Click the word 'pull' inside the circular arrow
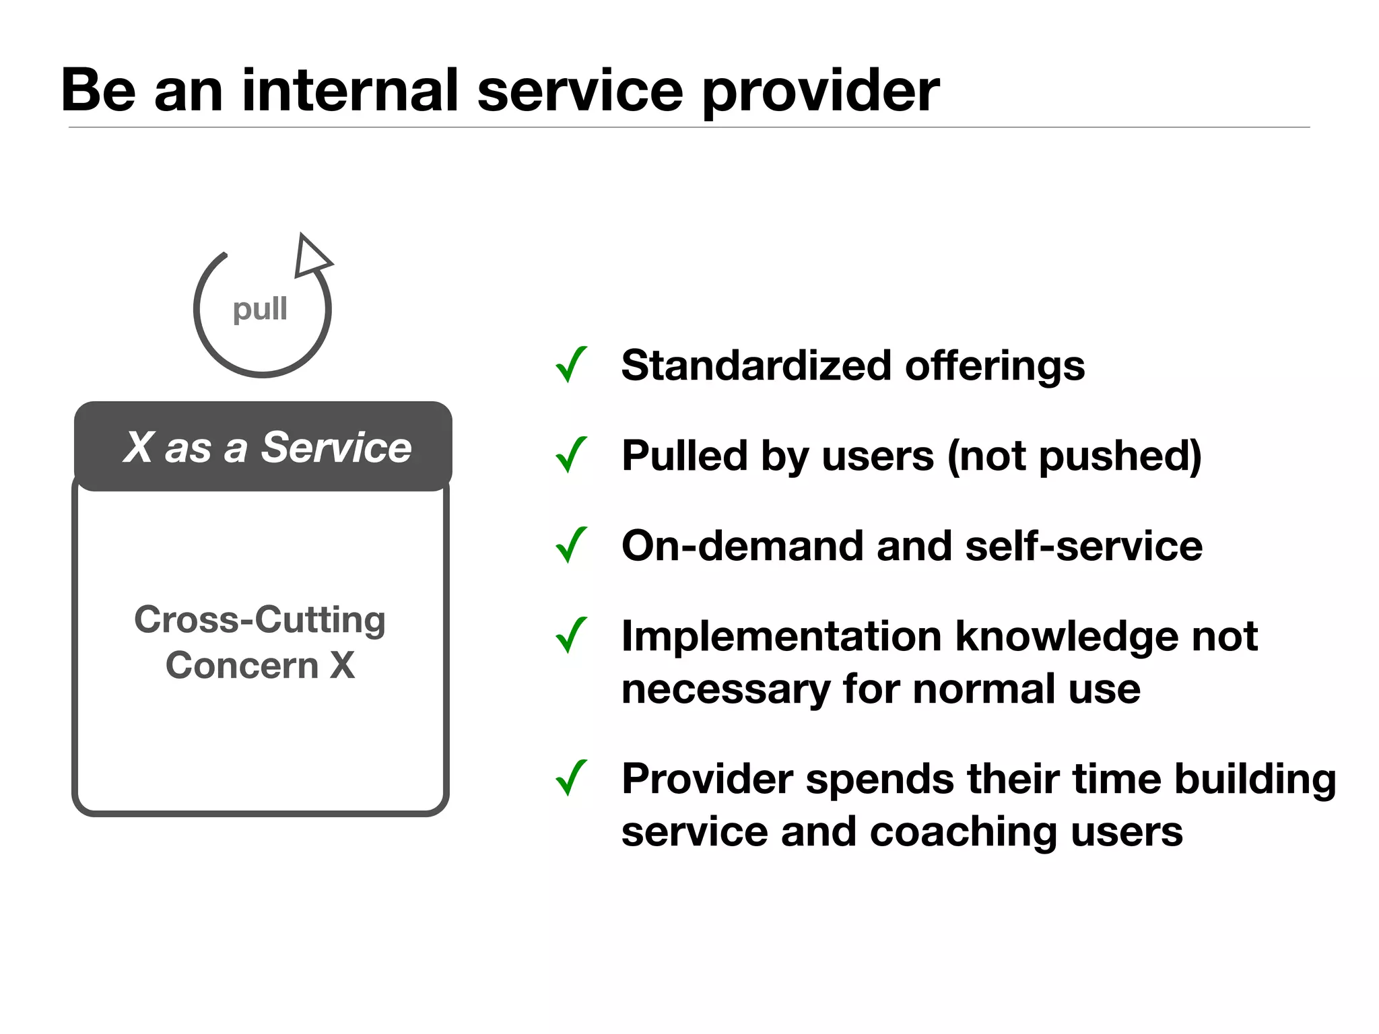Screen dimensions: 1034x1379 pyautogui.click(x=260, y=310)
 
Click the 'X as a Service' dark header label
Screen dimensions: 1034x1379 pyautogui.click(x=267, y=447)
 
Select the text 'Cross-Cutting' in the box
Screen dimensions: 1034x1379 pyautogui.click(x=260, y=619)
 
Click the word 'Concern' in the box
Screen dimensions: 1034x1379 pyautogui.click(x=241, y=665)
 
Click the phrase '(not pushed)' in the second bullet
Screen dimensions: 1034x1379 pyautogui.click(x=1074, y=456)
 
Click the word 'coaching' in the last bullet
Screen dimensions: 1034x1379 pyautogui.click(x=963, y=831)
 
